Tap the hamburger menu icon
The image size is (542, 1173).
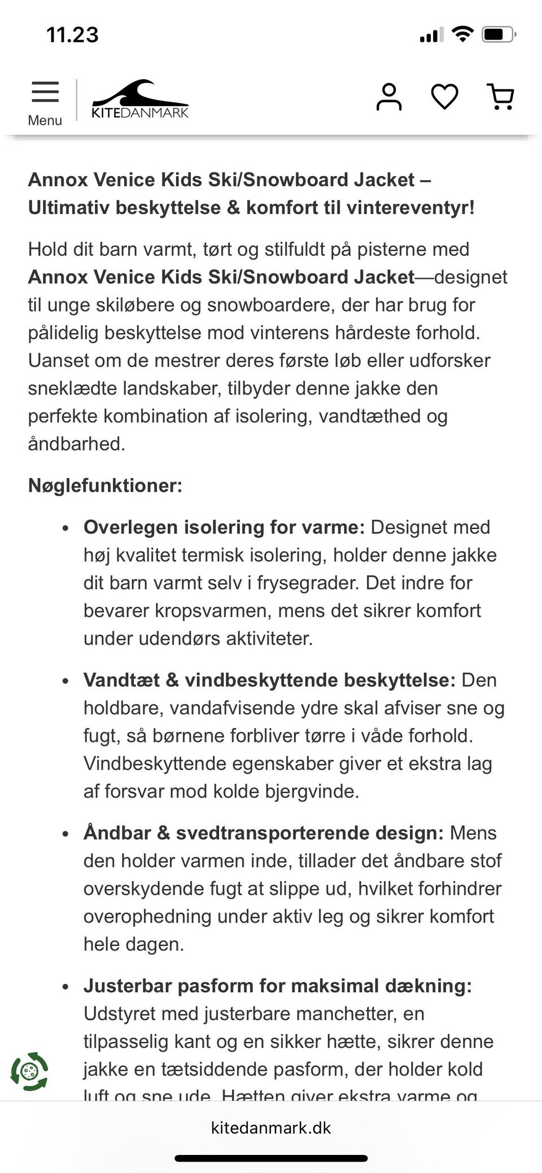click(x=45, y=92)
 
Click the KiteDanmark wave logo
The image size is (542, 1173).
click(x=140, y=99)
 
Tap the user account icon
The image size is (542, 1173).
click(x=389, y=97)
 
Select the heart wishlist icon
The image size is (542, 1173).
click(x=444, y=97)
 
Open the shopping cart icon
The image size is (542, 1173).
click(x=500, y=97)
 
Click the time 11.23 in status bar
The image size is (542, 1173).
click(x=72, y=35)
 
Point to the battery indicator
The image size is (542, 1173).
click(x=498, y=35)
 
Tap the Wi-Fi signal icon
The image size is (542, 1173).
click(x=463, y=34)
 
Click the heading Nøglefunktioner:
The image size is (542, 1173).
click(x=105, y=485)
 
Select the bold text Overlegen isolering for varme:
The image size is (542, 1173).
click(x=224, y=527)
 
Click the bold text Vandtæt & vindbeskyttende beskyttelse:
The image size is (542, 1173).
click(x=269, y=680)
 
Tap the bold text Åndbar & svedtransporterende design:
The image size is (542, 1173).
click(x=264, y=833)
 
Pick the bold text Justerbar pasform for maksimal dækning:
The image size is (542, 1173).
click(x=277, y=986)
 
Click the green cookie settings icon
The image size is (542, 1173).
click(x=29, y=1071)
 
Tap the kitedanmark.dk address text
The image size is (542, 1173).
click(x=271, y=1128)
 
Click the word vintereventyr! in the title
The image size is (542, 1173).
click(x=410, y=208)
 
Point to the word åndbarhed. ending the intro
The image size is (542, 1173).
click(x=76, y=444)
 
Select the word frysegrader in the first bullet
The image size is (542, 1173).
click(x=307, y=583)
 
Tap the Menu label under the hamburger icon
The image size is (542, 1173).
click(x=45, y=120)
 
